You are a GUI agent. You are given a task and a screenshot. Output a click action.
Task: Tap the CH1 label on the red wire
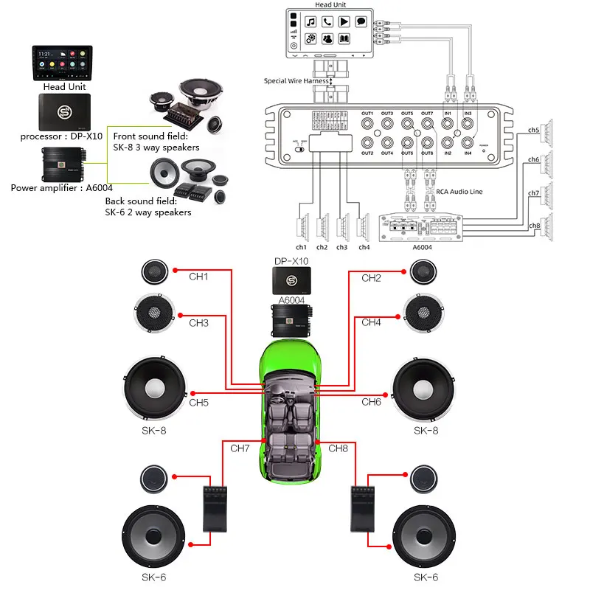point(198,278)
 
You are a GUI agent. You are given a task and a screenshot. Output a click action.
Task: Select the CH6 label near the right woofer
point(371,402)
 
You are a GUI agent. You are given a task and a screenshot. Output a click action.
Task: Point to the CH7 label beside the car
point(240,448)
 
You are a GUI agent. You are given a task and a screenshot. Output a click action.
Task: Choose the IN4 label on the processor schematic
point(468,153)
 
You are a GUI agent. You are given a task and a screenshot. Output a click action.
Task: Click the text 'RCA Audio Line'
point(459,191)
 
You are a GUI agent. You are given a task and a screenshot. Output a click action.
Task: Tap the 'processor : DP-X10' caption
point(61,136)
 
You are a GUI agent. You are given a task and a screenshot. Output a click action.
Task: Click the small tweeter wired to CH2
point(426,272)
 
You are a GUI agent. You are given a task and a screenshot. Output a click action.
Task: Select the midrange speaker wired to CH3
point(156,313)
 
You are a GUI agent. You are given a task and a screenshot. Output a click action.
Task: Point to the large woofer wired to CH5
point(156,388)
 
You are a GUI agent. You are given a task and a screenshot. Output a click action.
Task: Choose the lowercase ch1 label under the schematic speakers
point(301,247)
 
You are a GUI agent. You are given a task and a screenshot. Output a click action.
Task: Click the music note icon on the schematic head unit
point(310,21)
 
